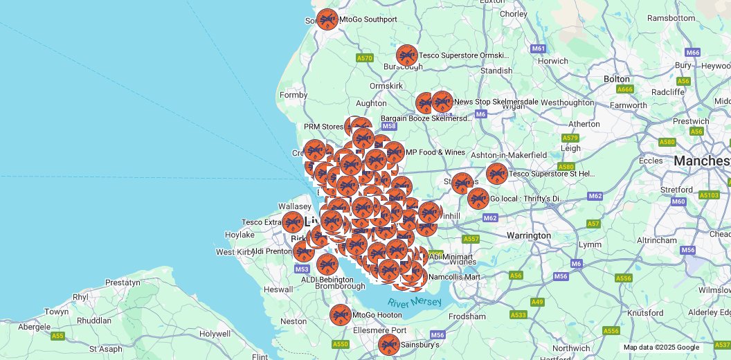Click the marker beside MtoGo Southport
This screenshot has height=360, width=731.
tap(327, 19)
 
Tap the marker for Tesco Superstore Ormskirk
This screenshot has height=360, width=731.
tap(407, 55)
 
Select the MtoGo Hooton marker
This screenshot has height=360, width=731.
tap(340, 315)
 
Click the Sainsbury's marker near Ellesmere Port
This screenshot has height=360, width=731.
tap(389, 345)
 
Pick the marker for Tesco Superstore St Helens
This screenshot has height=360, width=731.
tap(496, 174)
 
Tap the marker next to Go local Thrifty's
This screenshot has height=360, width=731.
tap(478, 199)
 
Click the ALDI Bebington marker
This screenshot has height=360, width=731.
tap(327, 264)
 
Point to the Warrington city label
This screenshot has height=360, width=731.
tap(528, 235)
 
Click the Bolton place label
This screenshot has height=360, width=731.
tap(616, 79)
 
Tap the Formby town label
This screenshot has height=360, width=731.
tap(294, 95)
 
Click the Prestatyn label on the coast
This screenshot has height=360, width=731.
tap(123, 282)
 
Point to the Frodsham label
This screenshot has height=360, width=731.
tap(467, 316)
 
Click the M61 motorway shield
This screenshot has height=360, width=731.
tap(539, 48)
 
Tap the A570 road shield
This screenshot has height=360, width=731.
tap(365, 58)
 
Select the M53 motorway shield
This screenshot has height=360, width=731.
tap(302, 269)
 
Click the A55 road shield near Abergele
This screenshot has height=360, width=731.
tap(57, 336)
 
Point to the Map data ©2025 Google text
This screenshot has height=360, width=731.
tap(661, 348)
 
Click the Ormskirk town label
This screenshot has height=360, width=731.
tap(386, 86)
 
